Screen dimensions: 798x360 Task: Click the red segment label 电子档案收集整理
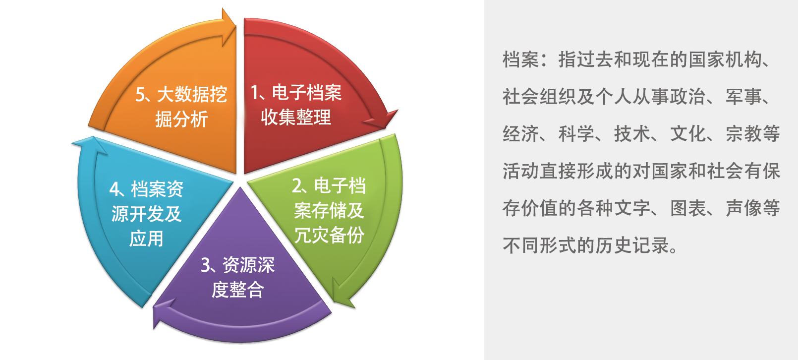click(296, 105)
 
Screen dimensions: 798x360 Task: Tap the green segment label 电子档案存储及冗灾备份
click(329, 210)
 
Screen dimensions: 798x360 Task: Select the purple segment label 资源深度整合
click(237, 277)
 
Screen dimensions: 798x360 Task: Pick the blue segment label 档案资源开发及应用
click(146, 214)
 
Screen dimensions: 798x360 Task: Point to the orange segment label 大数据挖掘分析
click(181, 107)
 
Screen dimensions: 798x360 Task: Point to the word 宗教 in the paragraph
click(744, 134)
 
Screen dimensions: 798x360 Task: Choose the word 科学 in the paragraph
click(576, 134)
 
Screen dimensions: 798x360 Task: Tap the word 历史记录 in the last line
click(632, 245)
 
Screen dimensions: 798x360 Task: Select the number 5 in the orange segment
click(140, 95)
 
